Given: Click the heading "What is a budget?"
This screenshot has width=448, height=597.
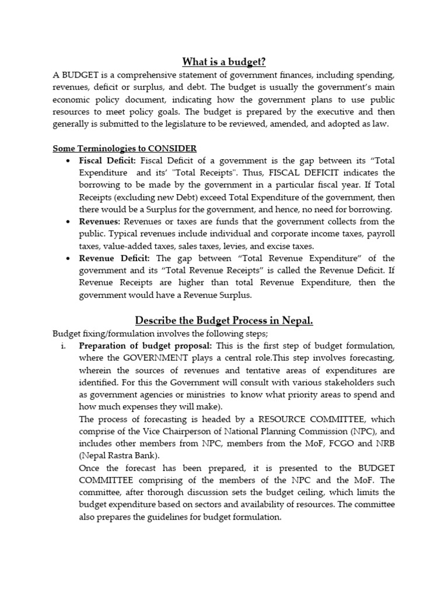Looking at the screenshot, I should [x=224, y=62].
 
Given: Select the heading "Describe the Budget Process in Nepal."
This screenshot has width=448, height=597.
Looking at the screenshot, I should [x=224, y=320].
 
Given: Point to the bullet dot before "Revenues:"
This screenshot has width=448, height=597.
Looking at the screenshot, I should [x=69, y=222].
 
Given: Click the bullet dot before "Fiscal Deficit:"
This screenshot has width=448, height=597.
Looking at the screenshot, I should [x=69, y=161].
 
